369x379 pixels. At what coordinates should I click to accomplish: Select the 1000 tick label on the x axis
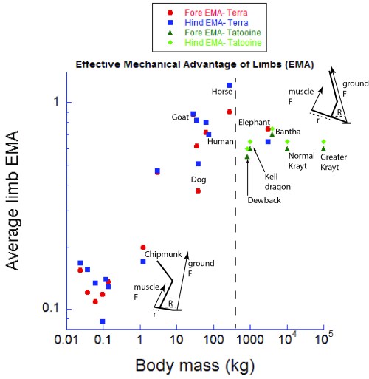[x=251, y=341]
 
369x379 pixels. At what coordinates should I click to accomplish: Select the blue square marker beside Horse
[x=230, y=86]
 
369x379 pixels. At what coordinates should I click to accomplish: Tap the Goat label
[x=182, y=117]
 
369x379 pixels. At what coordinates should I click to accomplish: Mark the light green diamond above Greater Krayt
[x=323, y=141]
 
